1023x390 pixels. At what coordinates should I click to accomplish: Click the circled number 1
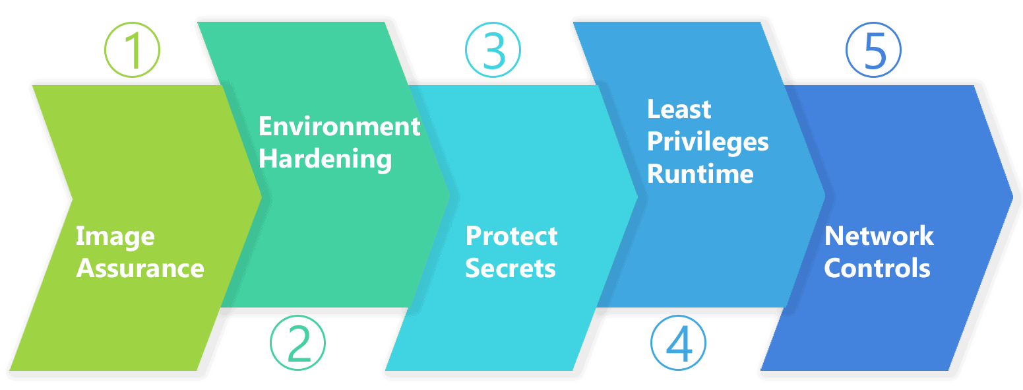pos(133,50)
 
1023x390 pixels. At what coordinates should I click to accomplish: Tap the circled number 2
pos(298,342)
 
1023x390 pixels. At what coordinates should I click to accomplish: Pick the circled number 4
pos(678,344)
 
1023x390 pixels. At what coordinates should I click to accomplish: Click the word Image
pos(115,236)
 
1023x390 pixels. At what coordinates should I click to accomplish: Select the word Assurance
pos(140,269)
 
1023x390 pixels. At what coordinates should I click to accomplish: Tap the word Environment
pos(339,126)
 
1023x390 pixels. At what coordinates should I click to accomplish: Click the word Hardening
pos(325,159)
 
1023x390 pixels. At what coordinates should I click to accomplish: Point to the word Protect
pos(512,236)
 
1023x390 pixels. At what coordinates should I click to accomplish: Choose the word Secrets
pos(511,269)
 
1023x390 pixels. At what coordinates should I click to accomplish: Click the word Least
pos(679,110)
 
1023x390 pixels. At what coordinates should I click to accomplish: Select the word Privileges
pos(708,142)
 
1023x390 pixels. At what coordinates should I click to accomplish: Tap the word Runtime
pos(700,174)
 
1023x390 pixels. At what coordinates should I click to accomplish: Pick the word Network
pos(879,236)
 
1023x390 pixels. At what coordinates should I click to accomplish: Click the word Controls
pos(877,269)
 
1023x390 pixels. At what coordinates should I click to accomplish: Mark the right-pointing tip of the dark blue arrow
pos(1012,195)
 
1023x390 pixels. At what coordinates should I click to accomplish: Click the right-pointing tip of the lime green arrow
pos(262,195)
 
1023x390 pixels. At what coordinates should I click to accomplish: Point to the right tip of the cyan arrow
pos(637,195)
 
